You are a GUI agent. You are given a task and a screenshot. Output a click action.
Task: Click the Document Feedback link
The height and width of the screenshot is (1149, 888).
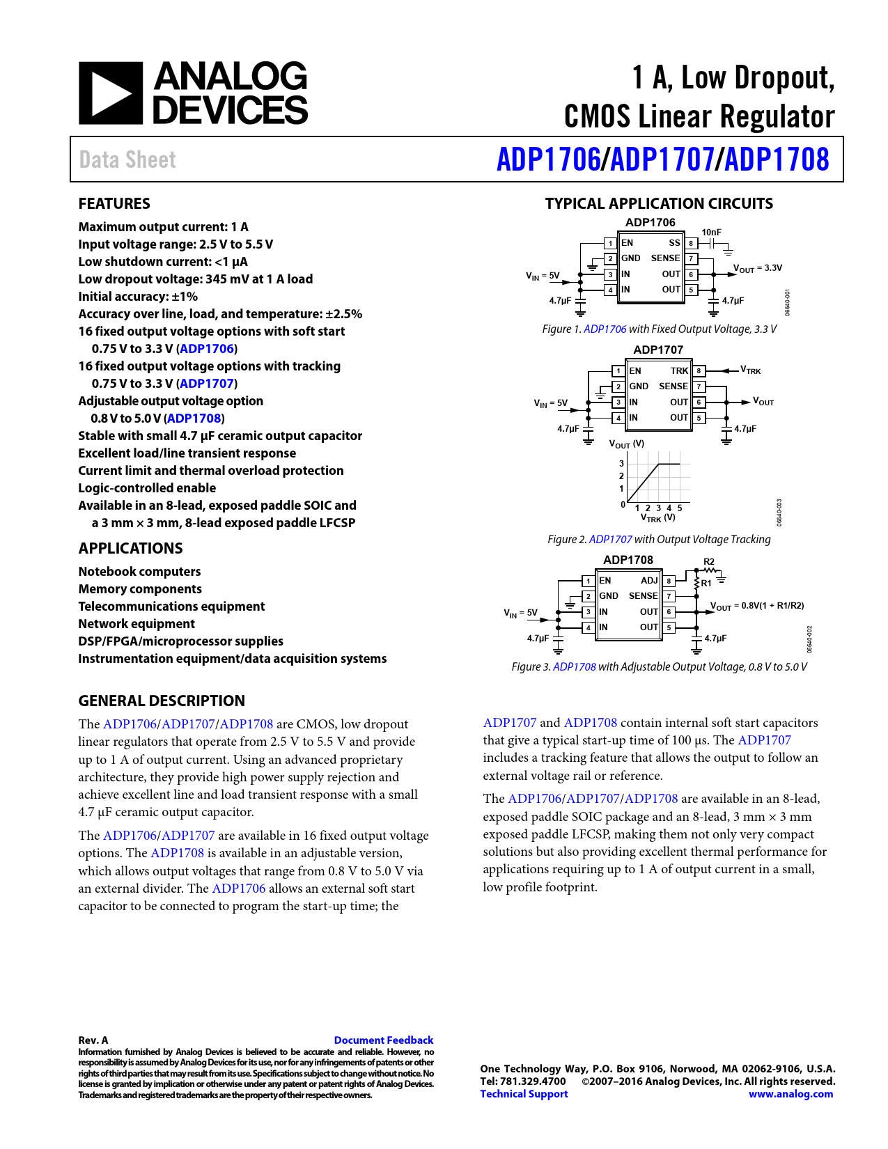click(x=383, y=1040)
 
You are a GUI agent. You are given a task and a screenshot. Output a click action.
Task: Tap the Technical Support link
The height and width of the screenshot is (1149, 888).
click(x=524, y=1093)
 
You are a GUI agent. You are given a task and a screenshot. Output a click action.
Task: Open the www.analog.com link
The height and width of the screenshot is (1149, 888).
click(x=790, y=1093)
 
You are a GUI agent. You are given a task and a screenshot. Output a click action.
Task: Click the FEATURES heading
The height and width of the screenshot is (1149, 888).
click(x=114, y=203)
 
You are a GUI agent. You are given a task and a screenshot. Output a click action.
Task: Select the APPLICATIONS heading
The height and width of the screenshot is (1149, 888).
click(x=130, y=548)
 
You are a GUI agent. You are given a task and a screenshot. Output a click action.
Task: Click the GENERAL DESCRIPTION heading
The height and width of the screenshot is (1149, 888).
click(x=162, y=701)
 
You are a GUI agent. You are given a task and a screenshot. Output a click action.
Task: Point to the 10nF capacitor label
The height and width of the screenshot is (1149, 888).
click(x=711, y=232)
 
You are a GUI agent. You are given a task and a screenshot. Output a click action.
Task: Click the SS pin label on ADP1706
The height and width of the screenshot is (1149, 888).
click(x=674, y=243)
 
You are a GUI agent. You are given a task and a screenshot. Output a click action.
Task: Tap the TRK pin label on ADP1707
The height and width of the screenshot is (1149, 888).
click(x=679, y=370)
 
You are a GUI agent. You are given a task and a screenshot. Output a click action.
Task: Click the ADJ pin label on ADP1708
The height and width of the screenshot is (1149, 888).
click(x=649, y=580)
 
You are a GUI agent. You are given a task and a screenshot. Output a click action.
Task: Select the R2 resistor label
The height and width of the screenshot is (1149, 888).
click(x=708, y=561)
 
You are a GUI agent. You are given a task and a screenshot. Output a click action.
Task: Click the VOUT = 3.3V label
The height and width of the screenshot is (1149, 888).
click(x=758, y=268)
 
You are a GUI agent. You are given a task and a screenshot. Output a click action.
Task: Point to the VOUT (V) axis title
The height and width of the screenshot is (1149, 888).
click(x=626, y=444)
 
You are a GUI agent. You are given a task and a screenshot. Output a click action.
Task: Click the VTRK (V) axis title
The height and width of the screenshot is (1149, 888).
click(x=657, y=517)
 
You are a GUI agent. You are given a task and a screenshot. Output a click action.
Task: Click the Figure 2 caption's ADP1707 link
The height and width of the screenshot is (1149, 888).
click(x=610, y=539)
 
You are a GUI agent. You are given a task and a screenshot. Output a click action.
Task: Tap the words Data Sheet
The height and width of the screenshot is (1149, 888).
click(x=127, y=159)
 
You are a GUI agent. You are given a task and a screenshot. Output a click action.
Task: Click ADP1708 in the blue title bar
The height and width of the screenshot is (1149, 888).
click(x=777, y=159)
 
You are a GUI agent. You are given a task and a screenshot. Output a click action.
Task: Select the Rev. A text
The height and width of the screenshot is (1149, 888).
click(x=93, y=1040)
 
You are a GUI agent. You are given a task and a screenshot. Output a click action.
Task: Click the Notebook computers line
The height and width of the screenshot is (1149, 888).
click(x=139, y=571)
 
